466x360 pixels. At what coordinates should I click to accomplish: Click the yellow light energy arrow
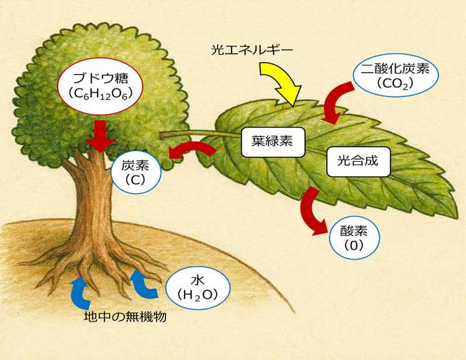(279, 79)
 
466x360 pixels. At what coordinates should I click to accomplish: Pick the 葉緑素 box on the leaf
(273, 140)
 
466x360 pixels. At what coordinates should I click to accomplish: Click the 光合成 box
(358, 162)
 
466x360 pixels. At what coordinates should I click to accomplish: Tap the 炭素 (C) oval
(136, 170)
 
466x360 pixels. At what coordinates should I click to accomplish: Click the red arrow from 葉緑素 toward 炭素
(192, 150)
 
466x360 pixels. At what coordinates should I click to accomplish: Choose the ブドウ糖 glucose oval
(101, 85)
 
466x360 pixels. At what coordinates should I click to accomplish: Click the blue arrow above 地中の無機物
(79, 292)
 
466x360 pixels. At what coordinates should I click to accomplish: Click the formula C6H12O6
(101, 93)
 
